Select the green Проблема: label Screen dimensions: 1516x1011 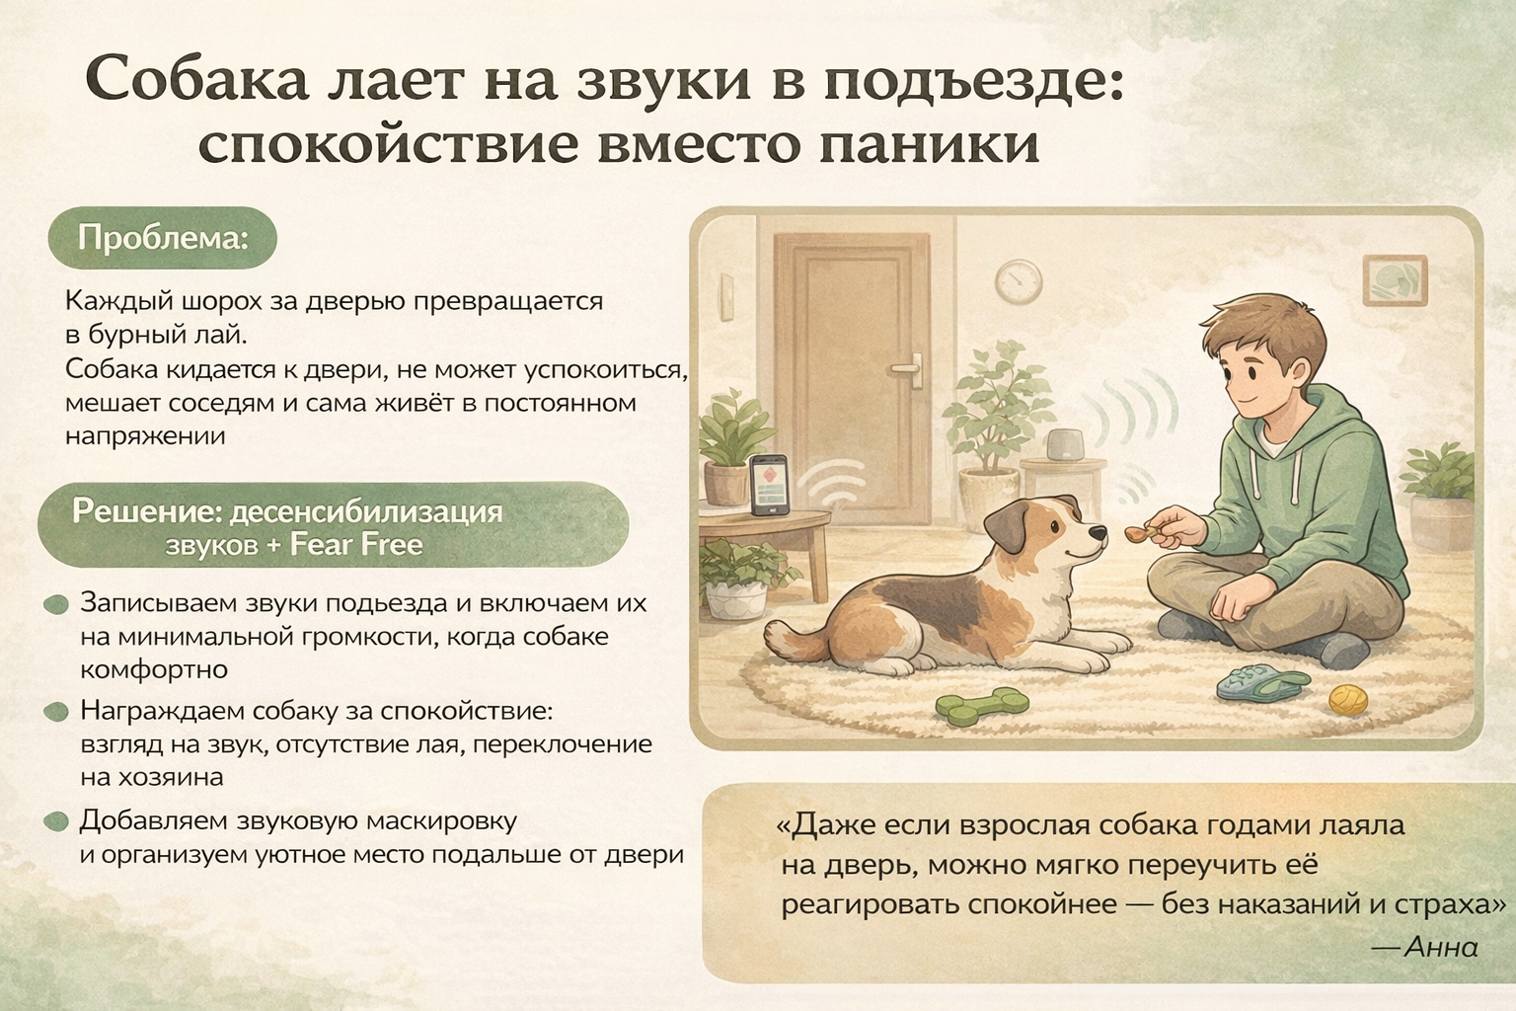163,238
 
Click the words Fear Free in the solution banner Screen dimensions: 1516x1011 356,544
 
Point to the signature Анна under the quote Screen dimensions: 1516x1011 1440,947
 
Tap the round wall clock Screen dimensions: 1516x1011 1019,281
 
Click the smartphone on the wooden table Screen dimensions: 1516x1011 770,485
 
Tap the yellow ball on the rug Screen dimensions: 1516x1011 1347,701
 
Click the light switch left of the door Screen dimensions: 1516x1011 727,296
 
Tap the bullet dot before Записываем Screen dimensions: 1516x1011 56,604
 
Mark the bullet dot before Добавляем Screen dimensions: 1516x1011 56,822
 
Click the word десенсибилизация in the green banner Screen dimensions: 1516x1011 366,512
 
